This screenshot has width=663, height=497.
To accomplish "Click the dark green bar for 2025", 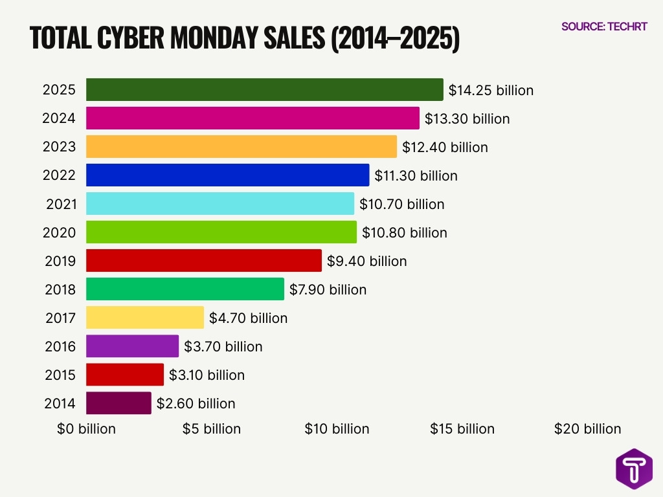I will [264, 90].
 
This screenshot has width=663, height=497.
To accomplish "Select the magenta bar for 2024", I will [253, 118].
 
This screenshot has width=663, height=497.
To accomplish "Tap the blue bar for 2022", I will [227, 175].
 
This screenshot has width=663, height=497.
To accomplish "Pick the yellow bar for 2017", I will [144, 318].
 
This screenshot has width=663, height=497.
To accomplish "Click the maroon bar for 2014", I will [118, 403].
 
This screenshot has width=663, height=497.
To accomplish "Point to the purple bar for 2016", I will [132, 346].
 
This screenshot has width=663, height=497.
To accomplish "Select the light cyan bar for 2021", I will [220, 204].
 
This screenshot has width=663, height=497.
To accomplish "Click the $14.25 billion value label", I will [491, 91].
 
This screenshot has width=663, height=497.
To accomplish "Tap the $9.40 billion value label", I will [367, 261].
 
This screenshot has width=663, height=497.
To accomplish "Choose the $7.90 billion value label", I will [328, 290].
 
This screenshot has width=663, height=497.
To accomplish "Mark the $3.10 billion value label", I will [207, 375].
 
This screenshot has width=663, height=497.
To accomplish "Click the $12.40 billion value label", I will [445, 148].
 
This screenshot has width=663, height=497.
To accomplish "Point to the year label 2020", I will [59, 233].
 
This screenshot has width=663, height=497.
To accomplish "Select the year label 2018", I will [60, 290].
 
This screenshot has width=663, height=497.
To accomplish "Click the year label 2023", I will [59, 147].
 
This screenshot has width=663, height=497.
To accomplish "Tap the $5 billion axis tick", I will [211, 429].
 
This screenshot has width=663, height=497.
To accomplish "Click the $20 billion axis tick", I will [587, 429].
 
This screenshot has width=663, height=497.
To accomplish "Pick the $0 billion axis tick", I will [86, 429].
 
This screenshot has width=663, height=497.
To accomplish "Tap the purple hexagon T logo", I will [634, 469].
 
